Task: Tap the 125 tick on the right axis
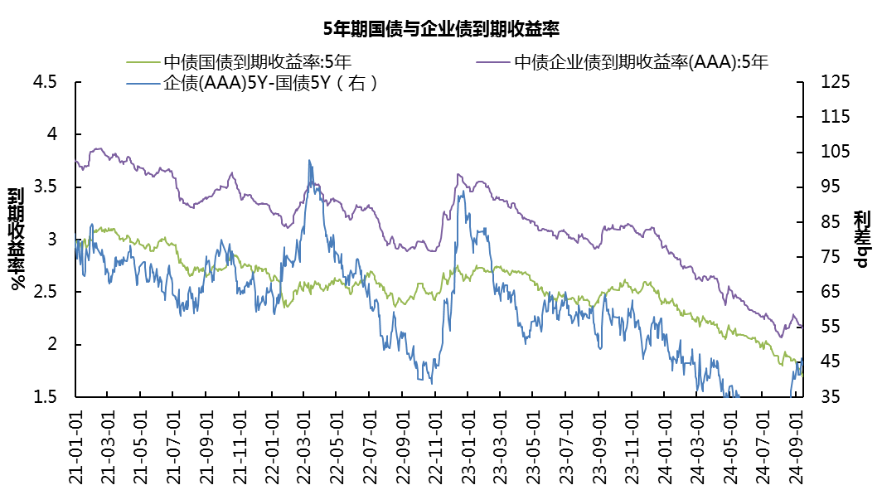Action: pyautogui.click(x=835, y=82)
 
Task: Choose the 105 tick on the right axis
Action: pyautogui.click(x=835, y=153)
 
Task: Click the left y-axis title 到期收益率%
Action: pyautogui.click(x=17, y=239)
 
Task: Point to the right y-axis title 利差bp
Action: pyautogui.click(x=862, y=239)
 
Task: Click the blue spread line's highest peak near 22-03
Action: pyautogui.click(x=309, y=160)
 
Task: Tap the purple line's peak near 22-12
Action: pyautogui.click(x=458, y=174)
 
